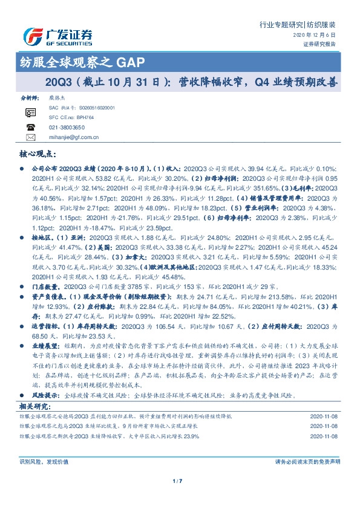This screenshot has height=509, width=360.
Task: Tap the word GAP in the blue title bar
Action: pyautogui.click(x=130, y=62)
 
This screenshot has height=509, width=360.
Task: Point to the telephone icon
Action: pyautogui.click(x=30, y=127)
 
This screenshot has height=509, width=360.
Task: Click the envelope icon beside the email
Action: pyautogui.click(x=30, y=137)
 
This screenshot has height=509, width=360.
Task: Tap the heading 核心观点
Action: pyautogui.click(x=39, y=155)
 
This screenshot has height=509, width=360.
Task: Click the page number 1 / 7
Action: pyautogui.click(x=180, y=481)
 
